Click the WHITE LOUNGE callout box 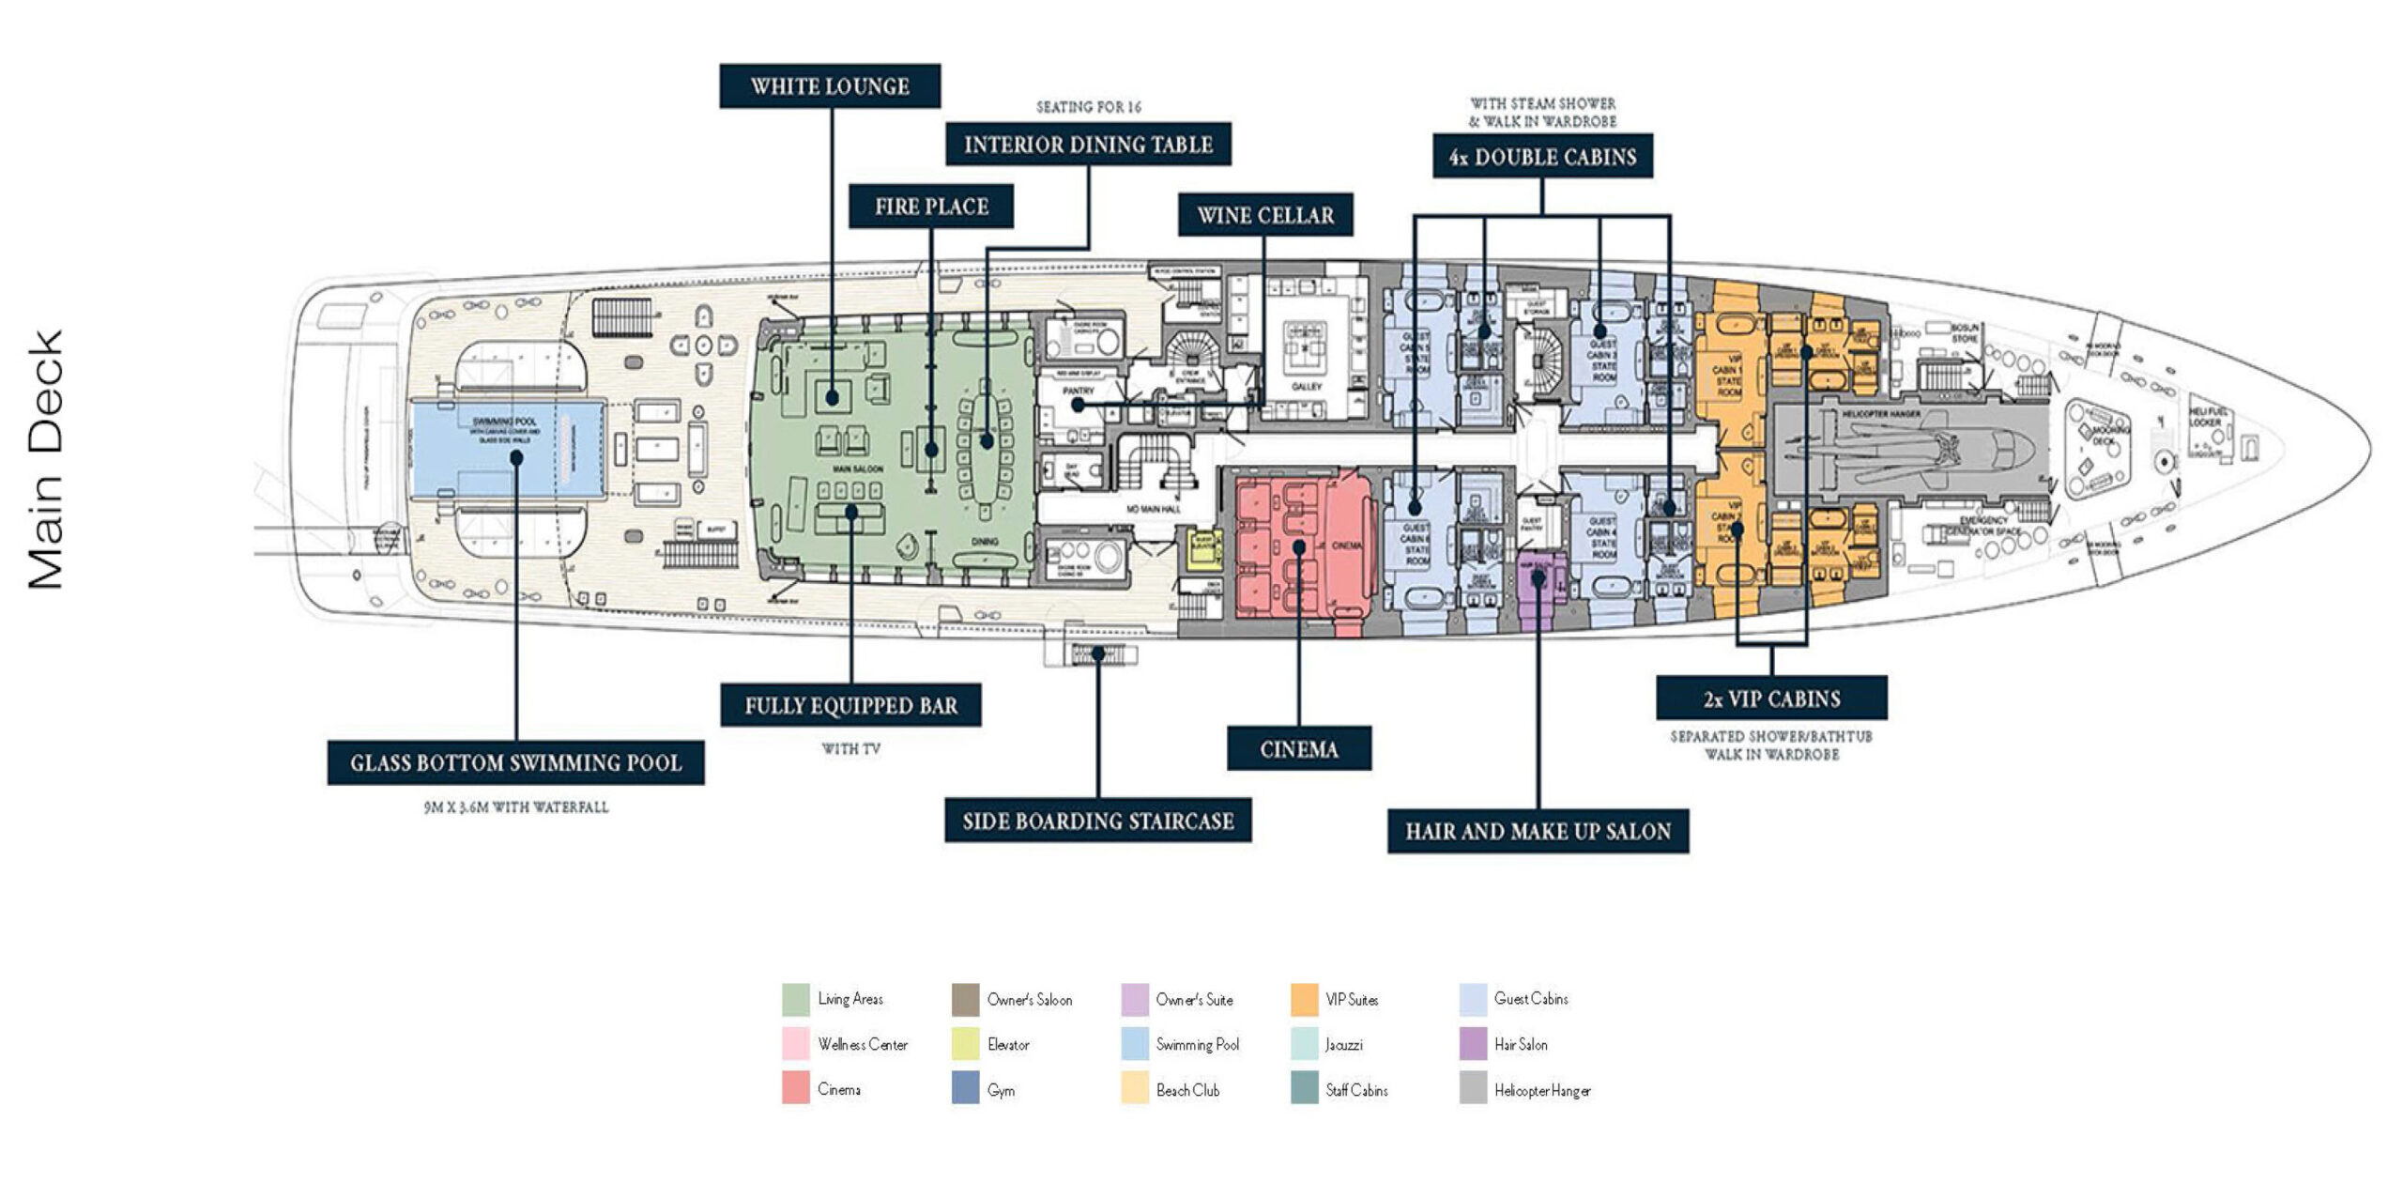pos(830,86)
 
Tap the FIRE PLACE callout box pos(931,207)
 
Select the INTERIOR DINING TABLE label pos(1088,145)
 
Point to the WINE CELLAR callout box pos(1265,216)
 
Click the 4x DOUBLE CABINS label pos(1542,157)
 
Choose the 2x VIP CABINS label pos(1771,699)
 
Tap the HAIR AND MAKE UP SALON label pos(1538,831)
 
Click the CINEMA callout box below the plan pos(1299,748)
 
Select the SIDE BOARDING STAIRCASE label pos(1097,822)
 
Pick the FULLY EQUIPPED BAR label pos(850,705)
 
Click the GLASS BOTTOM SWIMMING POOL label pos(515,762)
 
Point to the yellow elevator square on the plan pos(1202,551)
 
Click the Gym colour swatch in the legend pos(965,1089)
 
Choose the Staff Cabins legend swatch pos(1304,1089)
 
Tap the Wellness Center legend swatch pos(795,1044)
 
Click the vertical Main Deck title pos(45,460)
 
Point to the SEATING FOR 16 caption pos(1088,107)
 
